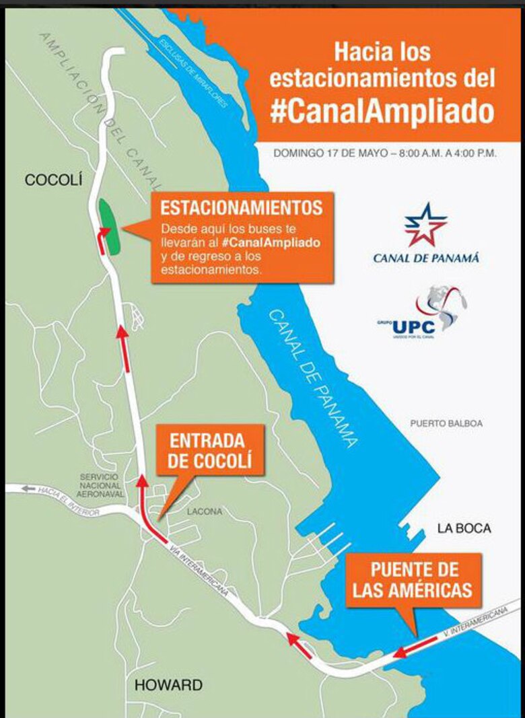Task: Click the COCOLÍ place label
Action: tap(53, 180)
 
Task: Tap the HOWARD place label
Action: tap(168, 685)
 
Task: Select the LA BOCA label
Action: tap(464, 528)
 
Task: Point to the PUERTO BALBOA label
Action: tap(446, 423)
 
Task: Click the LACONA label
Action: tap(205, 511)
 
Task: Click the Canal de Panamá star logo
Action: tap(425, 225)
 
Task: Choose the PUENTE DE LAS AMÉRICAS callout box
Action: tap(415, 580)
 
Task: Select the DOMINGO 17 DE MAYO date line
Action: tap(385, 153)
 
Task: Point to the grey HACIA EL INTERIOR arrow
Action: tap(28, 488)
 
